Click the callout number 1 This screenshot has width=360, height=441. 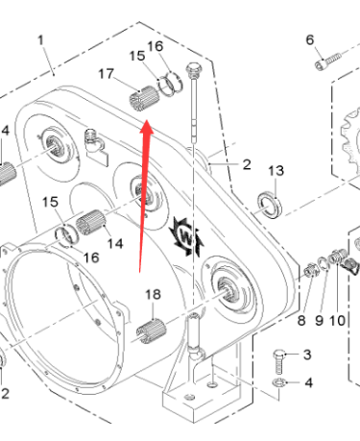tap(40, 39)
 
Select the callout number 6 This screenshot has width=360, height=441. tap(309, 39)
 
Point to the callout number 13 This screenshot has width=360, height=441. tap(276, 170)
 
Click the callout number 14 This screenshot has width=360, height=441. tap(114, 244)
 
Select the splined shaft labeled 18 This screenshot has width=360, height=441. tap(153, 332)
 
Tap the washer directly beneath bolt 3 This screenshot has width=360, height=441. tap(278, 386)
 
